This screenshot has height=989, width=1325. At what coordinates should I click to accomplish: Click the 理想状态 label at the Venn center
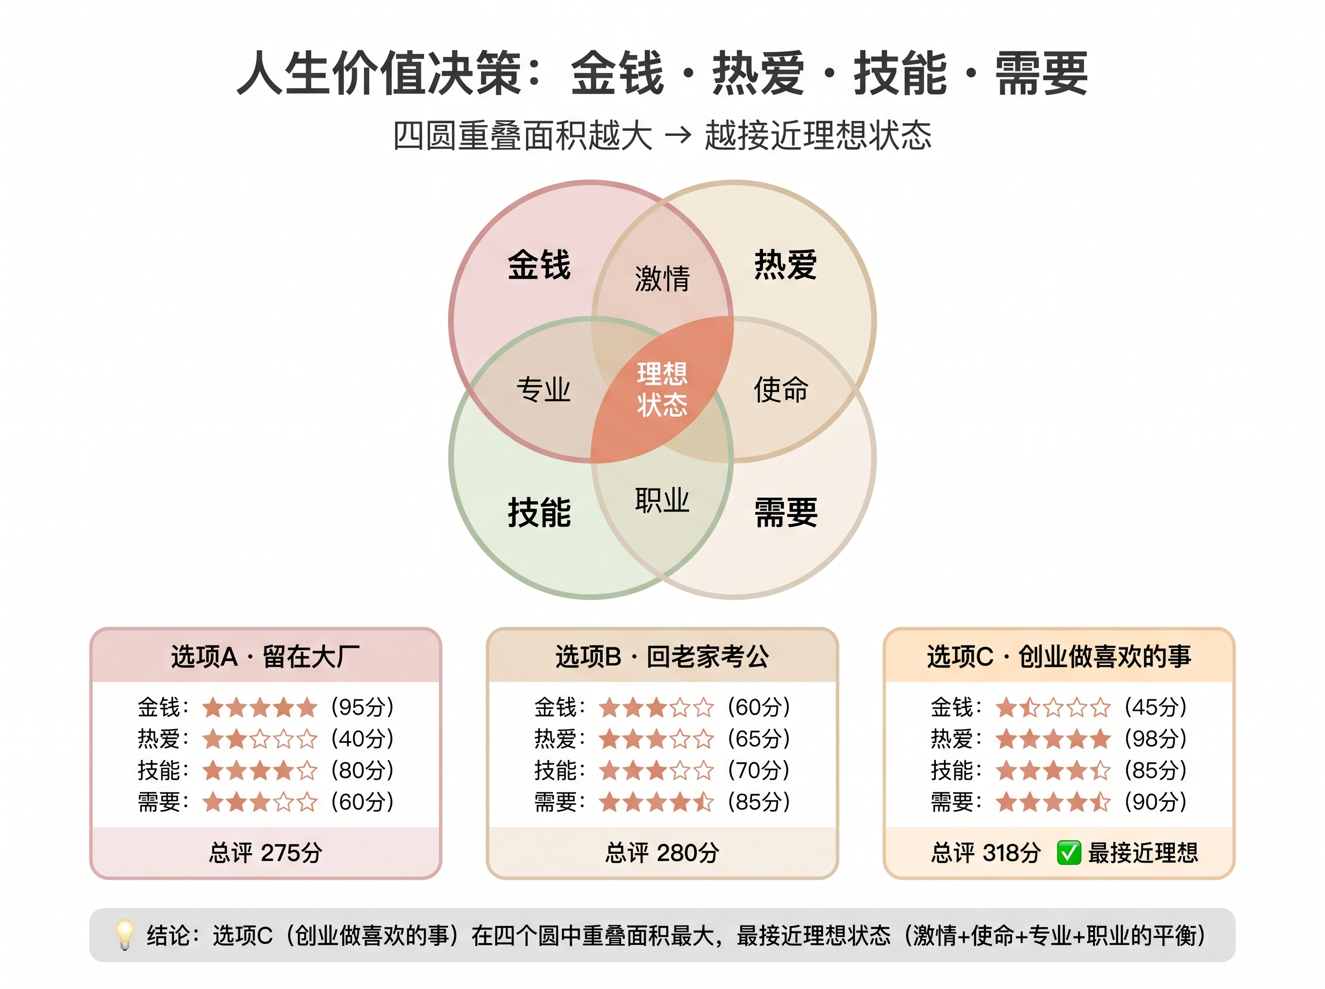pyautogui.click(x=661, y=389)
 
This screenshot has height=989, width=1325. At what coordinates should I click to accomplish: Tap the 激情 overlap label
pyautogui.click(x=662, y=278)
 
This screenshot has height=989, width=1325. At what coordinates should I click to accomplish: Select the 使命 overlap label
pyautogui.click(x=781, y=390)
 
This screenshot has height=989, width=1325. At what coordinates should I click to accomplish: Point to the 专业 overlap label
pyautogui.click(x=544, y=390)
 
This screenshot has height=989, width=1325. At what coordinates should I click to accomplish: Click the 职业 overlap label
pyautogui.click(x=662, y=501)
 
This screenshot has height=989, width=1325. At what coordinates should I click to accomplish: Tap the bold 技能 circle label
pyautogui.click(x=539, y=513)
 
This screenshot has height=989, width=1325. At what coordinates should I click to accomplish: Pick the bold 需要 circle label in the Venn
pyautogui.click(x=786, y=513)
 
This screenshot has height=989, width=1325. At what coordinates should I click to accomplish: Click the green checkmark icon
pyautogui.click(x=1069, y=853)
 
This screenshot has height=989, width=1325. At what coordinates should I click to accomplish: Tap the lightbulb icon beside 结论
pyautogui.click(x=125, y=934)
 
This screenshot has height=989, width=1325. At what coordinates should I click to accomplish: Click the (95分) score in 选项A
pyautogui.click(x=363, y=707)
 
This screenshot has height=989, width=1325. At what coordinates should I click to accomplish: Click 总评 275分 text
pyautogui.click(x=265, y=853)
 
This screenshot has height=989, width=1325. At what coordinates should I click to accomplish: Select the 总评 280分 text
pyautogui.click(x=661, y=853)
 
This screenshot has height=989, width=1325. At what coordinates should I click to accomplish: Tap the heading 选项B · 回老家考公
pyautogui.click(x=662, y=657)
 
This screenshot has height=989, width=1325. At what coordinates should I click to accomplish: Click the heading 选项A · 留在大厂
pyautogui.click(x=265, y=657)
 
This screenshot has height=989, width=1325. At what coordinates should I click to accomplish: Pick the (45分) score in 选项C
pyautogui.click(x=1156, y=707)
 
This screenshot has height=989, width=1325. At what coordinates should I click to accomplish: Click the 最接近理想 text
pyautogui.click(x=1143, y=853)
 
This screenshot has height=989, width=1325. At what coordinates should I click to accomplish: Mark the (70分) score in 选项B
pyautogui.click(x=759, y=770)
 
